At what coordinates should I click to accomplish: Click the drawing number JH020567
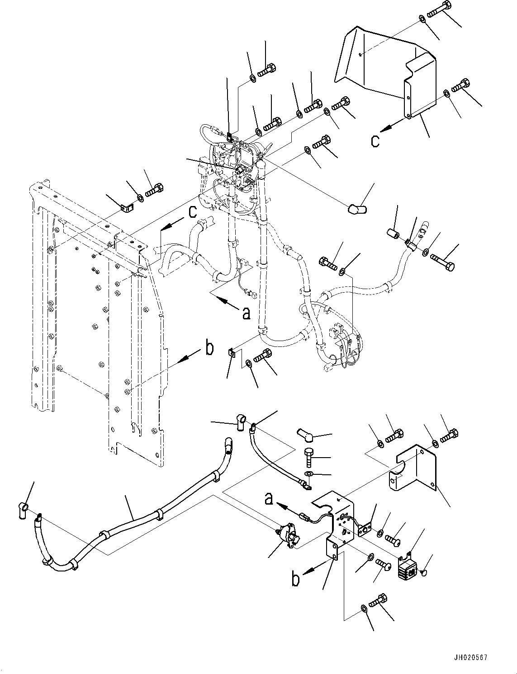pos(468,658)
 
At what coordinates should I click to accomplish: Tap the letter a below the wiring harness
pos(246,312)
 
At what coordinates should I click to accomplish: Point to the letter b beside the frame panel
pos(209,349)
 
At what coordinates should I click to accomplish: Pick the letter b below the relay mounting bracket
pos(295,579)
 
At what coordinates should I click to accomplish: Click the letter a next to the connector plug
pos(269,499)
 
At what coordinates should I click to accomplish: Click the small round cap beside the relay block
pos(424,573)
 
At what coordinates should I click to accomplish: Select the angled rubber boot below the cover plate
pos(357,209)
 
